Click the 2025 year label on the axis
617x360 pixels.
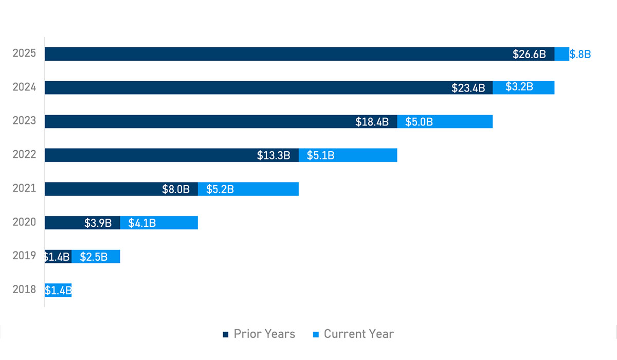tap(24, 53)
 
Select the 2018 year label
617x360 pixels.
tap(24, 290)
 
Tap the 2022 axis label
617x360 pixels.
tap(24, 154)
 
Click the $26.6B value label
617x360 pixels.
tap(529, 54)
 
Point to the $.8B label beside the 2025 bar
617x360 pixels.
tap(580, 54)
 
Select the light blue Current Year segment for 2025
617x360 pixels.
tap(561, 54)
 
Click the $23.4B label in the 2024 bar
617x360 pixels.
tap(468, 87)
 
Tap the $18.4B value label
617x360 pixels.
tap(372, 122)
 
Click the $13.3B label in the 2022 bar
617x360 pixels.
tap(274, 155)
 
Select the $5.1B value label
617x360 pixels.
tap(320, 155)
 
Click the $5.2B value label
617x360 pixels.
tap(220, 189)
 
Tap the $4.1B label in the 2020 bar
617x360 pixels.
tap(142, 223)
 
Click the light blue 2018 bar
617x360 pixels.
tap(58, 290)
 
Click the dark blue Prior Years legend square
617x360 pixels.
tap(225, 335)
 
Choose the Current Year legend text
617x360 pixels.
tap(358, 334)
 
